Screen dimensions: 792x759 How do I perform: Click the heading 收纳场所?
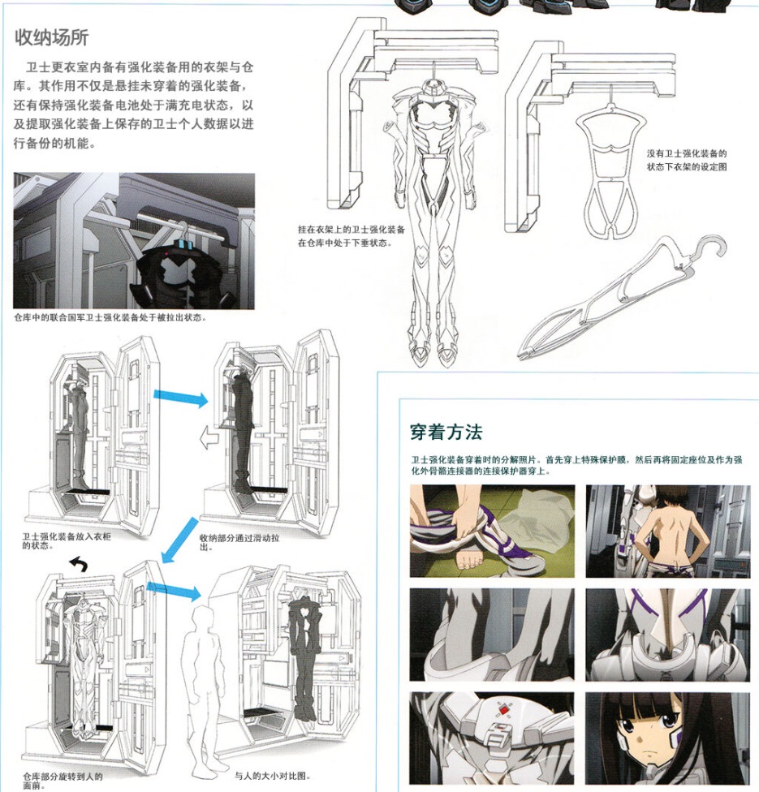52,37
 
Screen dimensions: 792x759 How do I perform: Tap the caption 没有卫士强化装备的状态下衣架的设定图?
687,159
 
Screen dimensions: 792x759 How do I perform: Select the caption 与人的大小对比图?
272,775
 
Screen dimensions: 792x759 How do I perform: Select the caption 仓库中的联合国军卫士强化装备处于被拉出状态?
110,317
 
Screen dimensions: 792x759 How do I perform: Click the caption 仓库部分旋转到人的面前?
62,780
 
